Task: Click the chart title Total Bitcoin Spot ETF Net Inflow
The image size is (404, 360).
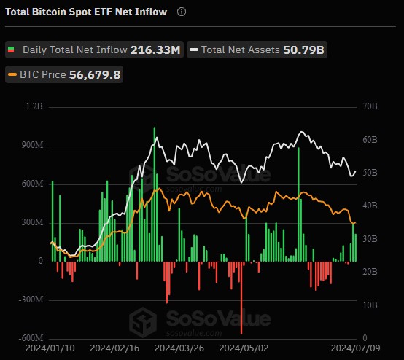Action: (x=86, y=12)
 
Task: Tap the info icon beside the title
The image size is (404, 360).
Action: (x=182, y=12)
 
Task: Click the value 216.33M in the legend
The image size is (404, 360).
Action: (x=155, y=50)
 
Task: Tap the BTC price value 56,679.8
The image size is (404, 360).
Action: (x=95, y=74)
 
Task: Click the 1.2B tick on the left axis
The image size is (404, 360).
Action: (x=35, y=106)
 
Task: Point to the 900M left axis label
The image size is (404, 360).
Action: (x=33, y=145)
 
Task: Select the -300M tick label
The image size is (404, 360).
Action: (x=31, y=300)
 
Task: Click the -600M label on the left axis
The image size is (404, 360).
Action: (x=31, y=338)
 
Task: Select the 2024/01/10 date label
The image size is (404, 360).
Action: (x=50, y=349)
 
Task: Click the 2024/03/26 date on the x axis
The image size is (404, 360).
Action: (x=179, y=349)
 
